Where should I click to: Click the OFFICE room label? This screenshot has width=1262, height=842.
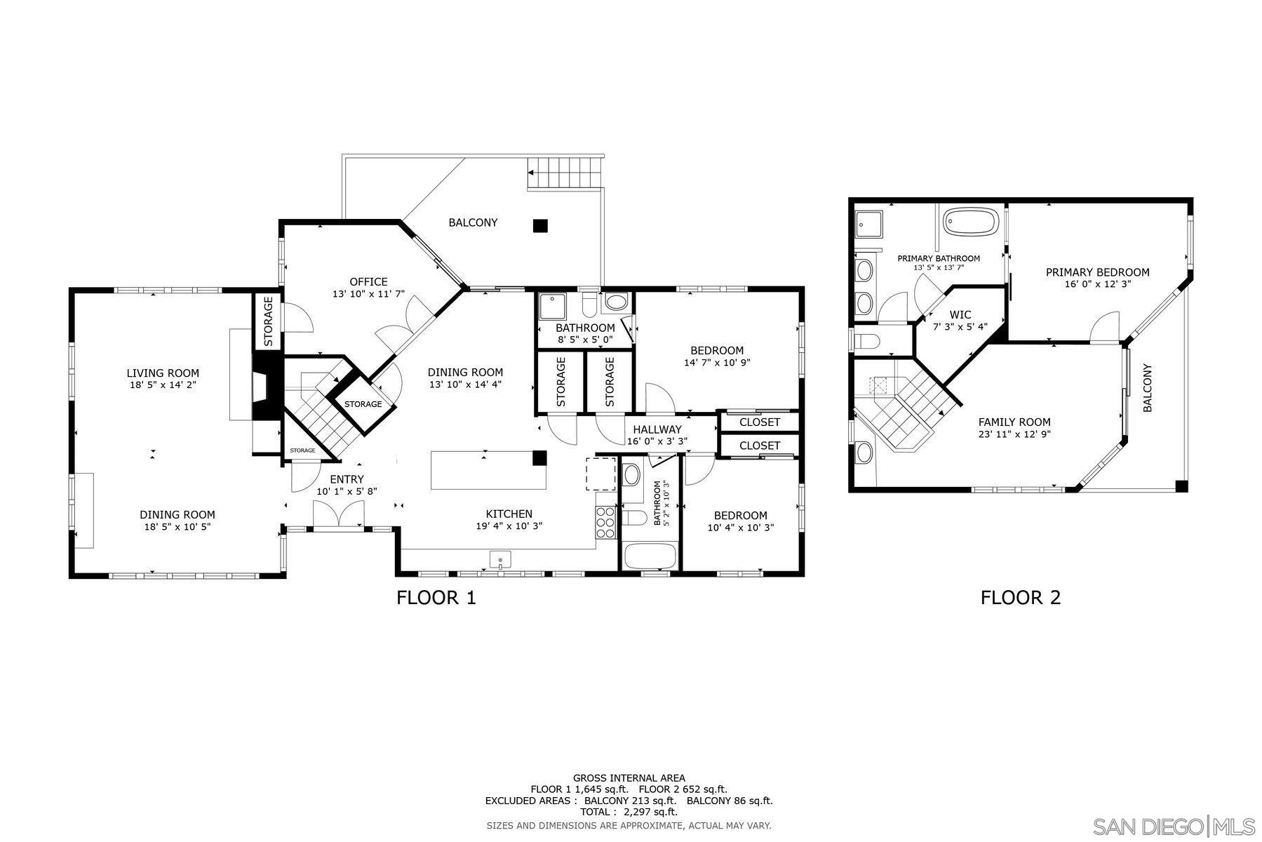tap(368, 282)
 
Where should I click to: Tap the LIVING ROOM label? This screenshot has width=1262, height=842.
tap(163, 373)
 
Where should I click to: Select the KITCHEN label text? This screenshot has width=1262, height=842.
tap(509, 514)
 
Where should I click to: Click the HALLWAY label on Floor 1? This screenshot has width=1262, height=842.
tap(657, 429)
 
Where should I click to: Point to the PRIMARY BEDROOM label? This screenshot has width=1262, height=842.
tap(1097, 272)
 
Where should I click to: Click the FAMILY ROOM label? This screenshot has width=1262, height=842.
tap(1014, 422)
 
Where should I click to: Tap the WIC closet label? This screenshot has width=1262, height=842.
tap(960, 314)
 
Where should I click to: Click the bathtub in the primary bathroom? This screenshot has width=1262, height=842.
tap(969, 221)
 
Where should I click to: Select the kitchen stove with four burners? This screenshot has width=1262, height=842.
tap(605, 522)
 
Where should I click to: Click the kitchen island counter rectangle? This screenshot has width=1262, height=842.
tap(488, 471)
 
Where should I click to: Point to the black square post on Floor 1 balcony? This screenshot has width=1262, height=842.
tap(539, 226)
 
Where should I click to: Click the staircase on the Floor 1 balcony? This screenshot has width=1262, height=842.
tap(565, 172)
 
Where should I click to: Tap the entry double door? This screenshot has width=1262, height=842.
tap(338, 516)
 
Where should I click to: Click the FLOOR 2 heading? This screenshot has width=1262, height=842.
tap(1020, 598)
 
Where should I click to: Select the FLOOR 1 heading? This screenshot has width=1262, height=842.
tap(436, 598)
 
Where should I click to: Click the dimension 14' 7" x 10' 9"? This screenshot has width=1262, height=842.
tap(717, 363)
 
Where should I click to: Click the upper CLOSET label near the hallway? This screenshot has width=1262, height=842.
tap(759, 422)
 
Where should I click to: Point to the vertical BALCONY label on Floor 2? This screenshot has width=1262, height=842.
tap(1148, 387)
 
